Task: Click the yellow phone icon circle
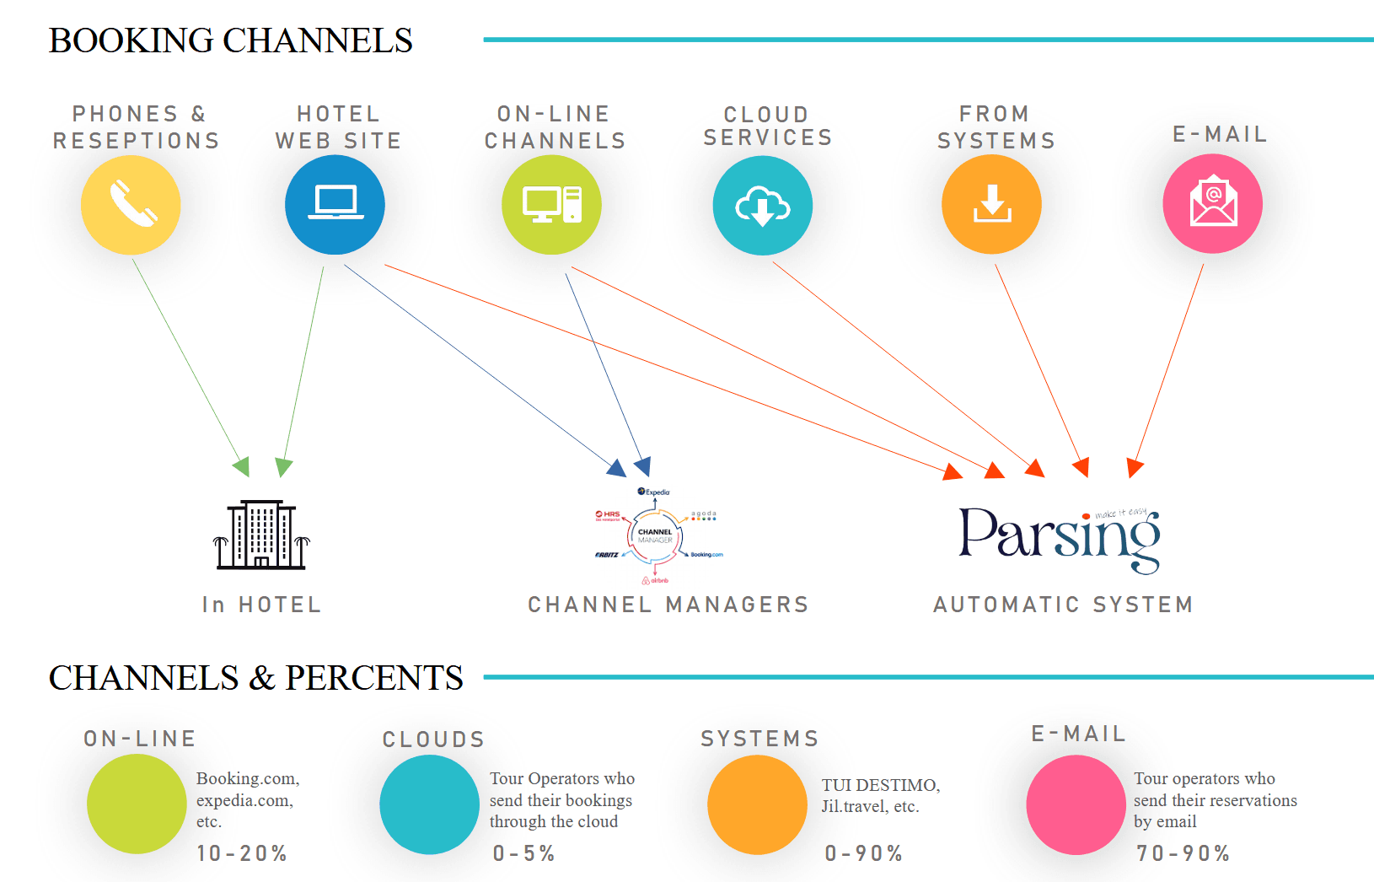(131, 205)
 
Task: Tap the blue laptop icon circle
(335, 205)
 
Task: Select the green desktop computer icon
(551, 205)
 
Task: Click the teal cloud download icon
(763, 206)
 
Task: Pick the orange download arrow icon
(991, 205)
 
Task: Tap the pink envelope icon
(1212, 204)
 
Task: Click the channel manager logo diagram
(656, 536)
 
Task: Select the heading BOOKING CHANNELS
(230, 40)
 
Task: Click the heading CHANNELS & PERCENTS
(255, 678)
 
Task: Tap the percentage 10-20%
(242, 853)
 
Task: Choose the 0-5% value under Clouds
(523, 853)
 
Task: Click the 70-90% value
(1183, 853)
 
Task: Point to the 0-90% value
(863, 853)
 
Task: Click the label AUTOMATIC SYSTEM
(1063, 605)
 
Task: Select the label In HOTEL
(261, 605)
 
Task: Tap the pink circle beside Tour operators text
(1076, 804)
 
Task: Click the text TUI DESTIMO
(880, 785)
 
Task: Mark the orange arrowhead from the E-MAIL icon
(1135, 468)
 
